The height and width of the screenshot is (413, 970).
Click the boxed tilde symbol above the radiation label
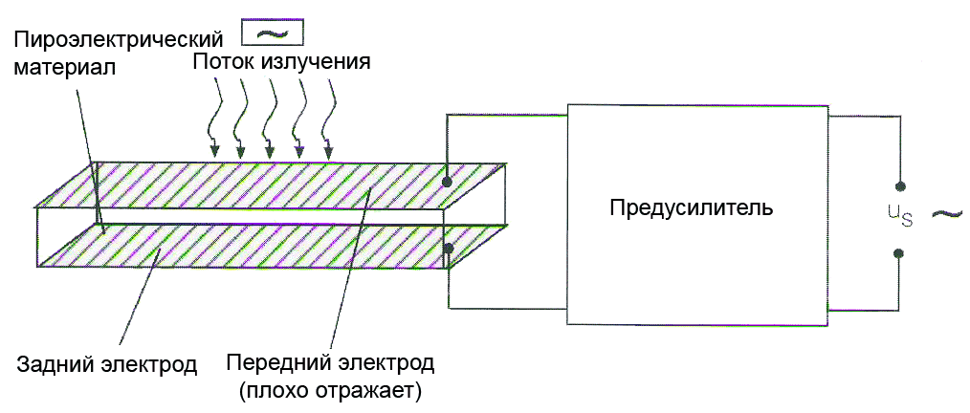click(271, 33)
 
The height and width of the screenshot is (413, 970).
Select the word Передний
click(273, 364)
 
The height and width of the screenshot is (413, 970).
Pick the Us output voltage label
click(900, 218)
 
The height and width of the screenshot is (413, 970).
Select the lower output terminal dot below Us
click(899, 253)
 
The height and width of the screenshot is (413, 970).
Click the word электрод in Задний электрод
click(152, 364)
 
